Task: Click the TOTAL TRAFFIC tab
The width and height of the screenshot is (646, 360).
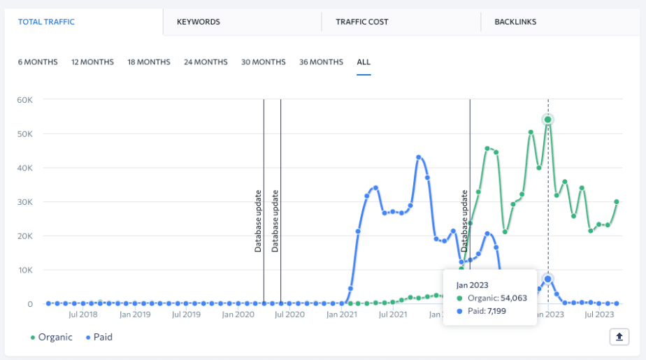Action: tap(46, 22)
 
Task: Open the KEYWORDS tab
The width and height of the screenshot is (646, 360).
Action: tap(199, 22)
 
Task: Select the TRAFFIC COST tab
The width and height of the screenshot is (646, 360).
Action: tap(362, 22)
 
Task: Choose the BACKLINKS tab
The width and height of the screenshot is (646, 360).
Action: tap(515, 22)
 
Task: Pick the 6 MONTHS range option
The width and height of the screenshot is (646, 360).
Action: tap(38, 62)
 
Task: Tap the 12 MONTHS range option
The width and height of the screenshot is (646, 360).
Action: tap(92, 62)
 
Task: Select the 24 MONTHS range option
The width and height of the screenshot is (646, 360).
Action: tap(206, 62)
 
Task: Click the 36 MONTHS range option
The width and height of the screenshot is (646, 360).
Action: tap(321, 62)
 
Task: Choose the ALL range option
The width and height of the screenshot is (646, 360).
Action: tap(364, 62)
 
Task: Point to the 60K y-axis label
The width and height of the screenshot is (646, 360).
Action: tap(24, 100)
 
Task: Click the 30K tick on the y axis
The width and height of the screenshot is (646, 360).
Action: tap(24, 202)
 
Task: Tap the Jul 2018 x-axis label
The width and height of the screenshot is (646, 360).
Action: tap(82, 315)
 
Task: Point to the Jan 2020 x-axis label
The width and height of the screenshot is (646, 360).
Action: tap(238, 315)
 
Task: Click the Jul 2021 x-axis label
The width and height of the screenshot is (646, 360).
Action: tap(393, 315)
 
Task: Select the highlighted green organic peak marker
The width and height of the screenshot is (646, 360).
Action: tap(548, 120)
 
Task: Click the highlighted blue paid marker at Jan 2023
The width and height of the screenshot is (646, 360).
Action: tap(548, 279)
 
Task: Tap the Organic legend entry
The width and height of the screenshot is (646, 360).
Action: tap(52, 337)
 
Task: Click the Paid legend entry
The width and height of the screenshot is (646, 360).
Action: tap(99, 337)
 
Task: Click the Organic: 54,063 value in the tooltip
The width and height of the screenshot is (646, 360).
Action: tap(491, 298)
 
